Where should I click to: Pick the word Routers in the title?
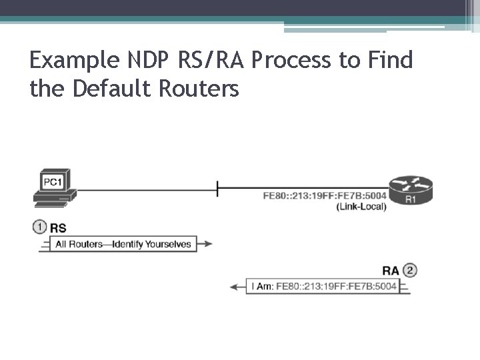click(200, 88)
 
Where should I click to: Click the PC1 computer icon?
click(55, 187)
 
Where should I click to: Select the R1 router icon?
click(410, 191)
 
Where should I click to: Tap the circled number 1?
click(39, 227)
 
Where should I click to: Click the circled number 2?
click(410, 270)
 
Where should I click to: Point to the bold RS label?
click(59, 228)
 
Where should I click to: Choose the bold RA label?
click(391, 271)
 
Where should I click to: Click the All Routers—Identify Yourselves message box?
click(123, 244)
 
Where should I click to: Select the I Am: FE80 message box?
click(323, 287)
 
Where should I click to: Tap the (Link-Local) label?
click(361, 207)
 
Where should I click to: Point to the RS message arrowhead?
click(207, 244)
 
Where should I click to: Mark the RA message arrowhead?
click(235, 287)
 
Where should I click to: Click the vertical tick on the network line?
click(217, 189)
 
